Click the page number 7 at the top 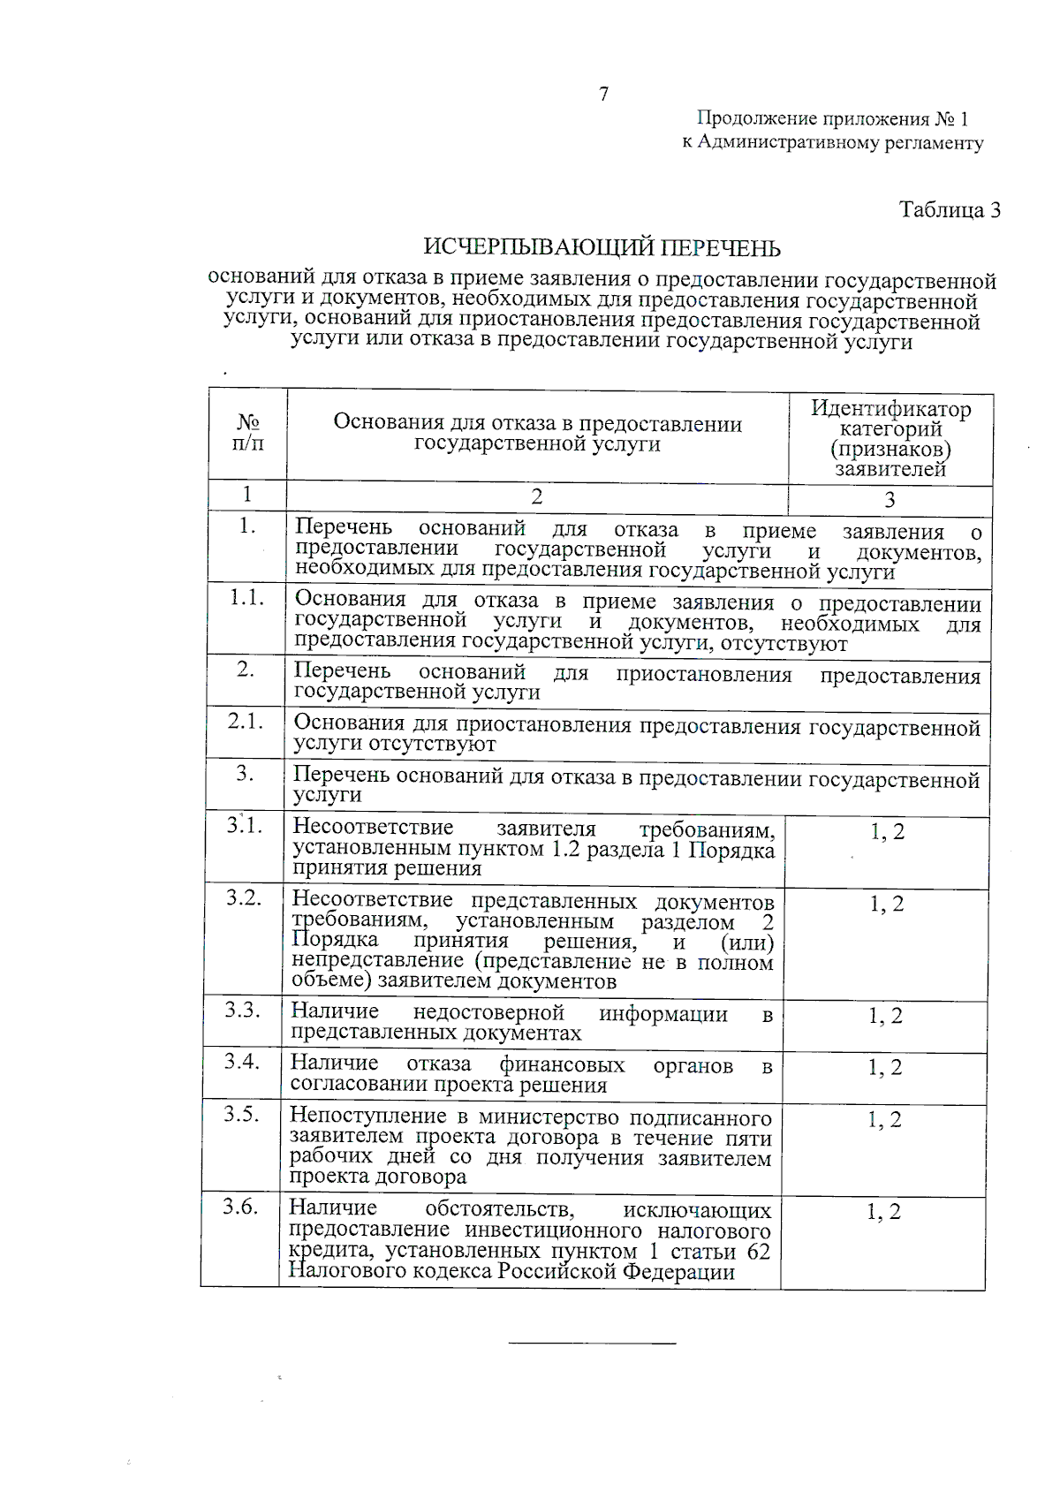tap(603, 95)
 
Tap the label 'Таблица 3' tap(950, 210)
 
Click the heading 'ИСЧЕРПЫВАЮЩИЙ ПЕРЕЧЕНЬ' tap(602, 248)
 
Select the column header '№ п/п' tap(248, 433)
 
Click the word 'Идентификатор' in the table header tap(890, 409)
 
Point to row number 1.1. tap(246, 598)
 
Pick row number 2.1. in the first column tap(246, 722)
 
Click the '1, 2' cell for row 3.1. tap(887, 832)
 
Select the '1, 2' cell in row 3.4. tap(884, 1068)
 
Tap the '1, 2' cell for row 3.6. tap(882, 1213)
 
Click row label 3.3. tap(242, 1010)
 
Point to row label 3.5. tap(241, 1114)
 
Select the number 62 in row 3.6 tap(758, 1253)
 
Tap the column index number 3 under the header tap(890, 501)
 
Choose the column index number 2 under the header tap(536, 497)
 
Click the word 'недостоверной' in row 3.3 tap(488, 1013)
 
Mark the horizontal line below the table tap(591, 1344)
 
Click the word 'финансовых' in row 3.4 tap(562, 1065)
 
